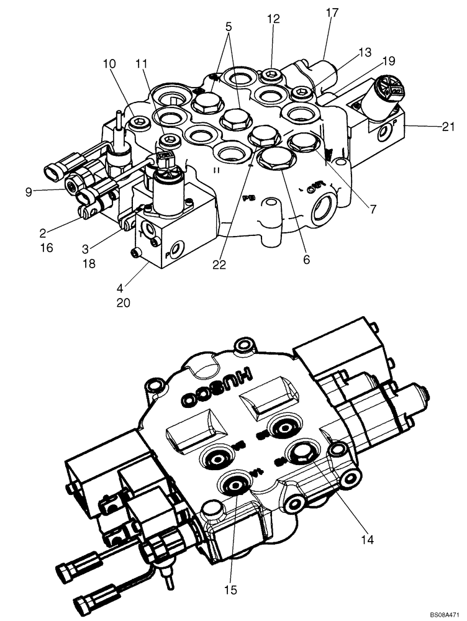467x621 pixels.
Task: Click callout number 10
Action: [x=110, y=63]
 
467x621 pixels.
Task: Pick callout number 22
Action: [x=219, y=265]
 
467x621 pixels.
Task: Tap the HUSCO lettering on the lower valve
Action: [x=215, y=383]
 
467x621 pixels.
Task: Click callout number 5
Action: [x=229, y=27]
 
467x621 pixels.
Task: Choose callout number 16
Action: [x=47, y=248]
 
